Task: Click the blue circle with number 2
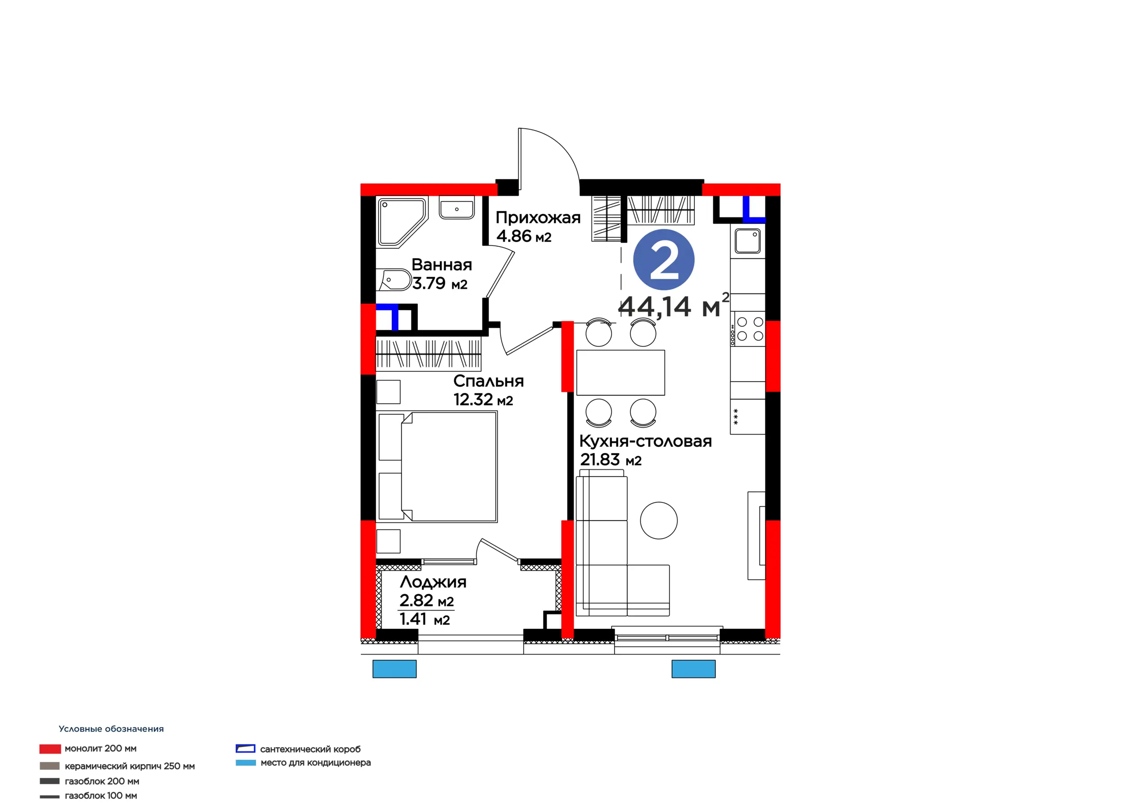[x=664, y=260]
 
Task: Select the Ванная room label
[x=442, y=265]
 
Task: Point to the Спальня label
[x=488, y=381]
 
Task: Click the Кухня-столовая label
[x=645, y=441]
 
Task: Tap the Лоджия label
[x=433, y=582]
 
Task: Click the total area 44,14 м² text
[x=674, y=305]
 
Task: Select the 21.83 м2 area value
[x=611, y=460]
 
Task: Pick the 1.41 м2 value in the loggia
[x=425, y=619]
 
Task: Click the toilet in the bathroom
[x=394, y=281]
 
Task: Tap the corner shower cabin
[x=402, y=222]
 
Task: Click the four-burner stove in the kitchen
[x=747, y=329]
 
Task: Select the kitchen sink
[x=747, y=240]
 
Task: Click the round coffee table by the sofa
[x=658, y=521]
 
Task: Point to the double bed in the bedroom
[x=437, y=466]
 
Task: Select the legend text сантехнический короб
[x=310, y=749]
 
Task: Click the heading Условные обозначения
[x=111, y=729]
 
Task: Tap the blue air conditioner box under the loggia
[x=394, y=669]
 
